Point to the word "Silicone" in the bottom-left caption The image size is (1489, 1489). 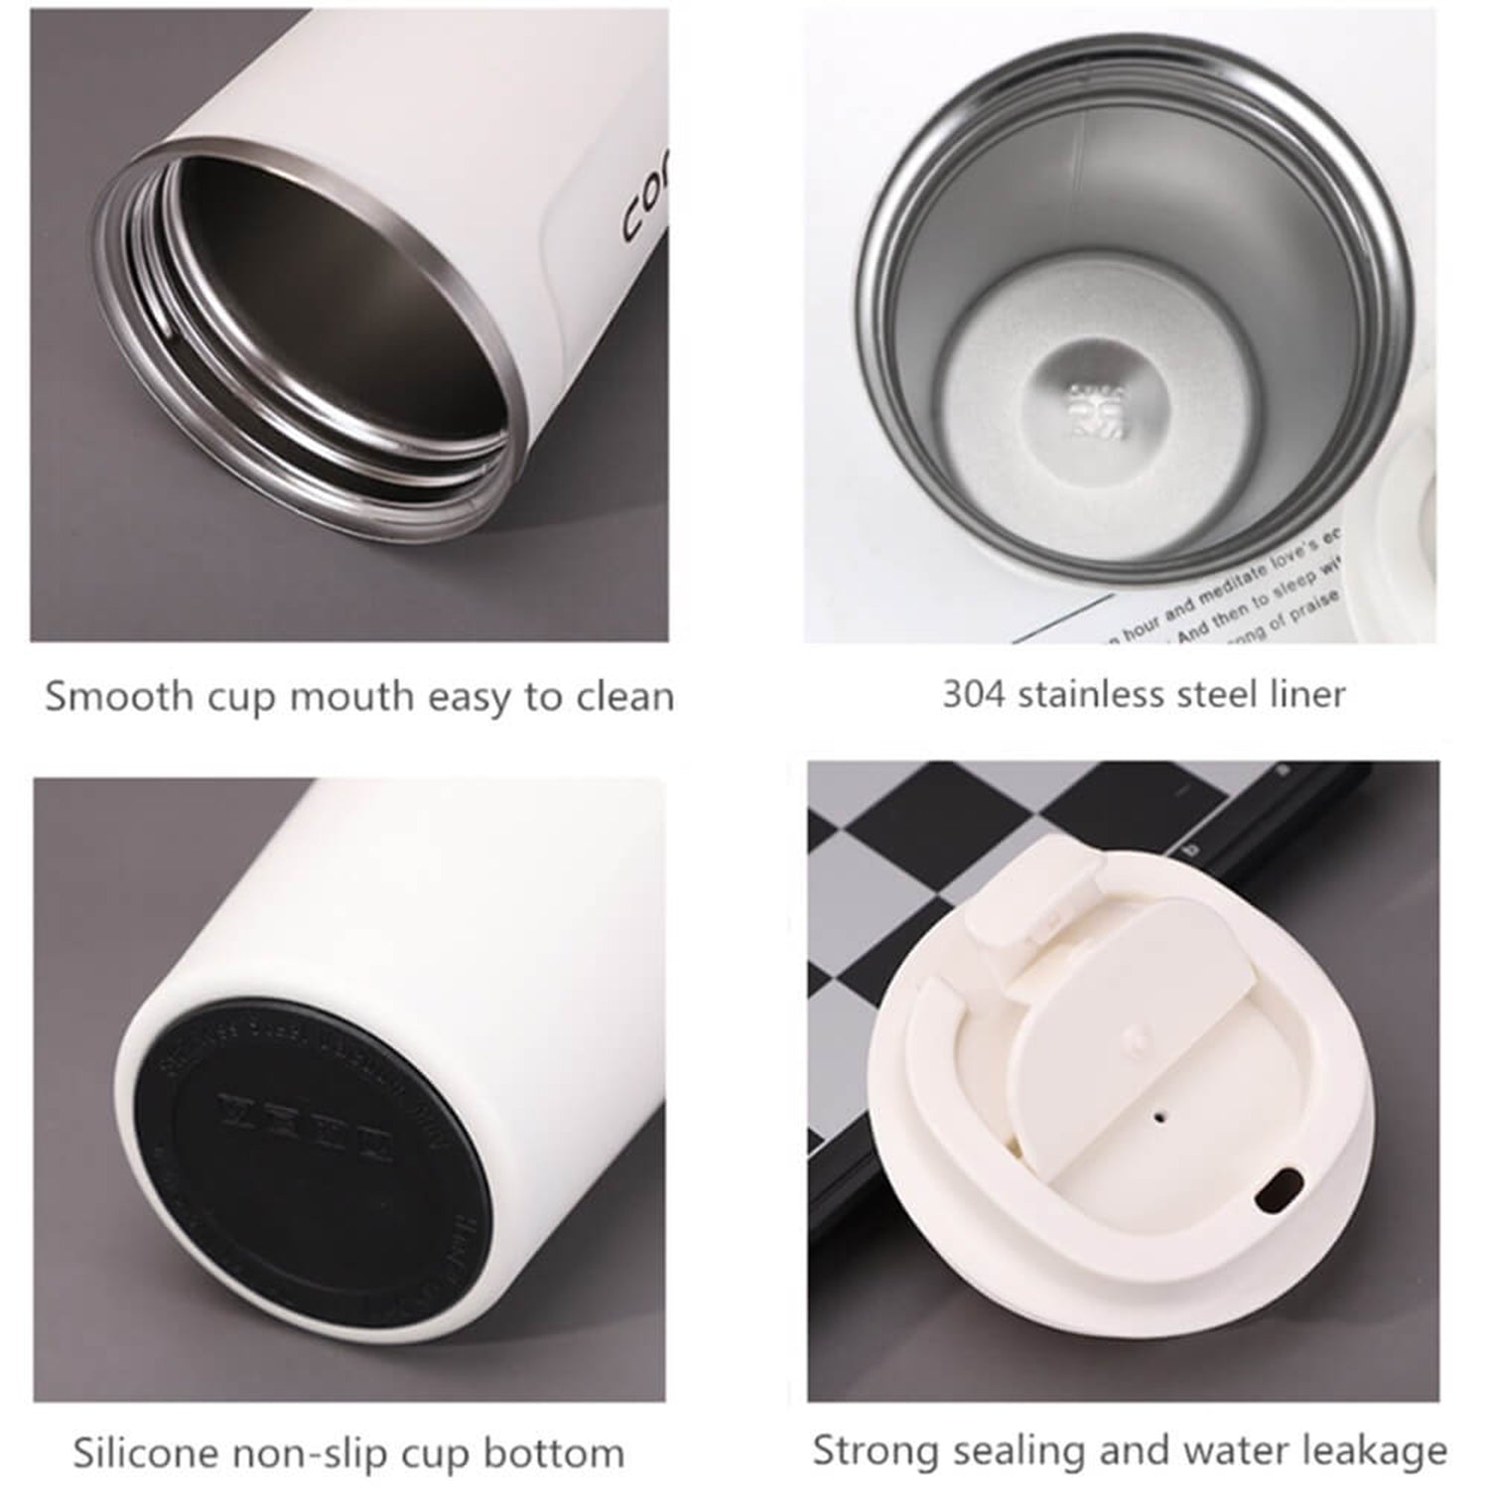pyautogui.click(x=146, y=1453)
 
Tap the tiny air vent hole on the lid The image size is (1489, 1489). pyautogui.click(x=1158, y=1118)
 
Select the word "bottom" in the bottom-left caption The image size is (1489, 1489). pyautogui.click(x=554, y=1453)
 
